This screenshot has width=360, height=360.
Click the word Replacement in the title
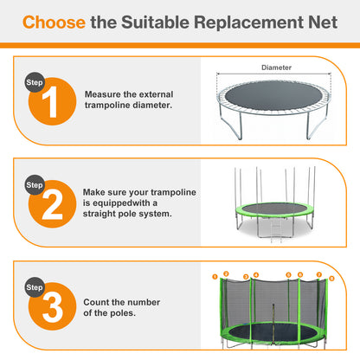tap(247, 22)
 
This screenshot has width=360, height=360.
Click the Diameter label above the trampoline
tap(276, 67)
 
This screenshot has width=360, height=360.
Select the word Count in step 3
tap(99, 302)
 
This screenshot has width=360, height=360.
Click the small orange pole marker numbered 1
tap(214, 277)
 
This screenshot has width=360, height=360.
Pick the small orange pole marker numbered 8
tap(331, 279)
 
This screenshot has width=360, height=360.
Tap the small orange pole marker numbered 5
tap(287, 274)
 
